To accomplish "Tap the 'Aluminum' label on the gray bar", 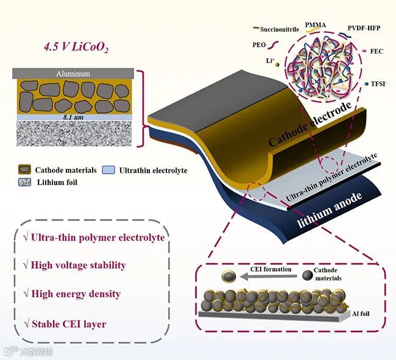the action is pyautogui.click(x=73, y=74).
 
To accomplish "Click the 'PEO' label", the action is pyautogui.click(x=260, y=44).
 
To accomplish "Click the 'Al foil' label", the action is pyautogui.click(x=362, y=314).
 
